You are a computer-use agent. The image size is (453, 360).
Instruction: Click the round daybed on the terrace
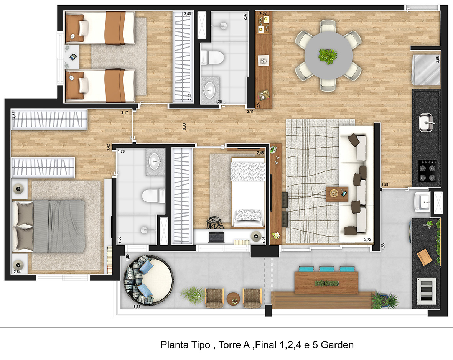click(148, 280)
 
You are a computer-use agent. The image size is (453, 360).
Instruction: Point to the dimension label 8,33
click(137, 307)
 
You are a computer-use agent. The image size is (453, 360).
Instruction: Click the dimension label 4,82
click(263, 13)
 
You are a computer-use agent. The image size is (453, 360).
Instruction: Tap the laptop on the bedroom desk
click(216, 237)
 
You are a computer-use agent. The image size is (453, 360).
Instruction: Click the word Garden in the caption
click(337, 345)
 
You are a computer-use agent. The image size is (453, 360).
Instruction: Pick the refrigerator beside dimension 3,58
click(427, 70)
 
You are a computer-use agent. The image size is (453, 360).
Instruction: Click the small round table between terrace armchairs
click(234, 299)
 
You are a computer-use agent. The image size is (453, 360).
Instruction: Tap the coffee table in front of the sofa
click(337, 194)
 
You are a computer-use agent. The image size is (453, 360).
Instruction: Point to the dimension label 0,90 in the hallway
click(184, 127)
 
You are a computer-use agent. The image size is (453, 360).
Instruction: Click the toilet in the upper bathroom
click(212, 57)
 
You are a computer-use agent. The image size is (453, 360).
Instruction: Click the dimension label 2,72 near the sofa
click(367, 240)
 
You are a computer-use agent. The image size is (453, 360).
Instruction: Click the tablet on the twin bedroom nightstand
click(73, 57)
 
